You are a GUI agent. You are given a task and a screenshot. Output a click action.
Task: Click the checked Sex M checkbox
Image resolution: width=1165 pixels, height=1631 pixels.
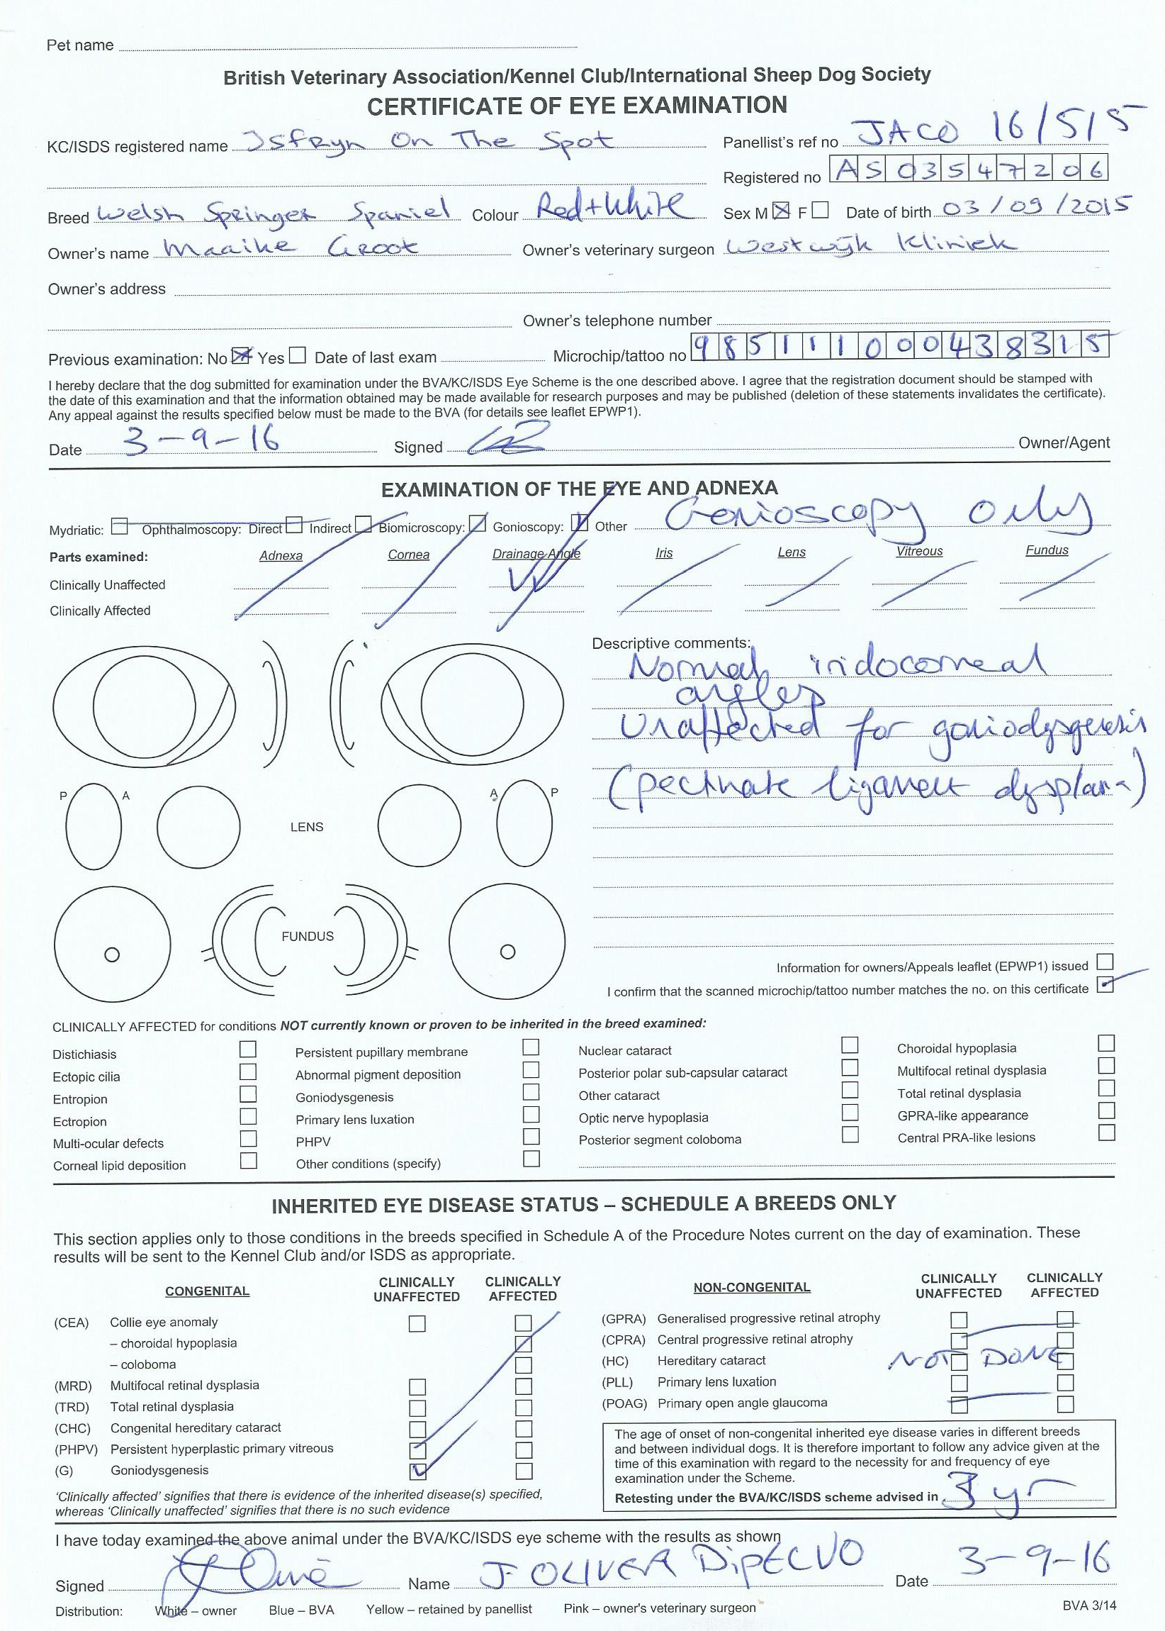781,211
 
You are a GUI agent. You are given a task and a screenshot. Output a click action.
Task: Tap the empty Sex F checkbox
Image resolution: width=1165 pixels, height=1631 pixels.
821,211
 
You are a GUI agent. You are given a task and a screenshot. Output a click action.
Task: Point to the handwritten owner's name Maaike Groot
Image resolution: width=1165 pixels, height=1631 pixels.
291,247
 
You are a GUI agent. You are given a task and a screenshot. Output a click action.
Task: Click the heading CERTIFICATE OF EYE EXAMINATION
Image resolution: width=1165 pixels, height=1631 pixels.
577,106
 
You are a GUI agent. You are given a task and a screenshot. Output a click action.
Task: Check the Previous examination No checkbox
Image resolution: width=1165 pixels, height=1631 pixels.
241,356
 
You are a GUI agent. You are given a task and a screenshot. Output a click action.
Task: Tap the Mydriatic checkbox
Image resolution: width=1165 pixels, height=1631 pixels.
120,527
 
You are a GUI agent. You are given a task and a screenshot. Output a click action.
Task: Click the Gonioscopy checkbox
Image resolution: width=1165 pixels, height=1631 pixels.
579,523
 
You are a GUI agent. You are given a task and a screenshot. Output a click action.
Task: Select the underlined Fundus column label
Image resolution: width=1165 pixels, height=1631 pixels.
1047,550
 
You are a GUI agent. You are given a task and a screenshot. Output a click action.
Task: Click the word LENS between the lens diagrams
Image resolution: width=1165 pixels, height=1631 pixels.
306,827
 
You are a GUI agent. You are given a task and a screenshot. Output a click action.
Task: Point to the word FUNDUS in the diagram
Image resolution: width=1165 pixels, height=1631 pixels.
307,936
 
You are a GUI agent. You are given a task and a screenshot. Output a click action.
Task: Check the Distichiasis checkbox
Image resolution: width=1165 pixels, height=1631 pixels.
247,1050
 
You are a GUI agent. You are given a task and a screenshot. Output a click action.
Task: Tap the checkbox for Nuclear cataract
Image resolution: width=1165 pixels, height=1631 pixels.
850,1045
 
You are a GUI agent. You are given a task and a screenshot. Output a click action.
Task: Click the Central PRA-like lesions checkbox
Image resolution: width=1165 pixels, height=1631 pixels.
1106,1132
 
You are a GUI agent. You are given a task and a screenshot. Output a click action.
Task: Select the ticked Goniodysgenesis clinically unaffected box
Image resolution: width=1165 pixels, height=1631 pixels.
417,1471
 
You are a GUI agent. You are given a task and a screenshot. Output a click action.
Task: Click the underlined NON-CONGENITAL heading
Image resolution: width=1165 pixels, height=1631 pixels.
752,1288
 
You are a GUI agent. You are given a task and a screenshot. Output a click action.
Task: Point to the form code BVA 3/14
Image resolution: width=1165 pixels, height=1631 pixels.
1089,1605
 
